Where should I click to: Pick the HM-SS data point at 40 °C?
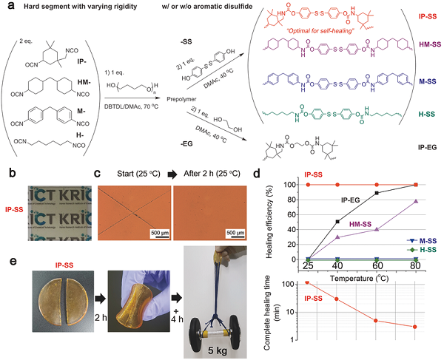point(337,237)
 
